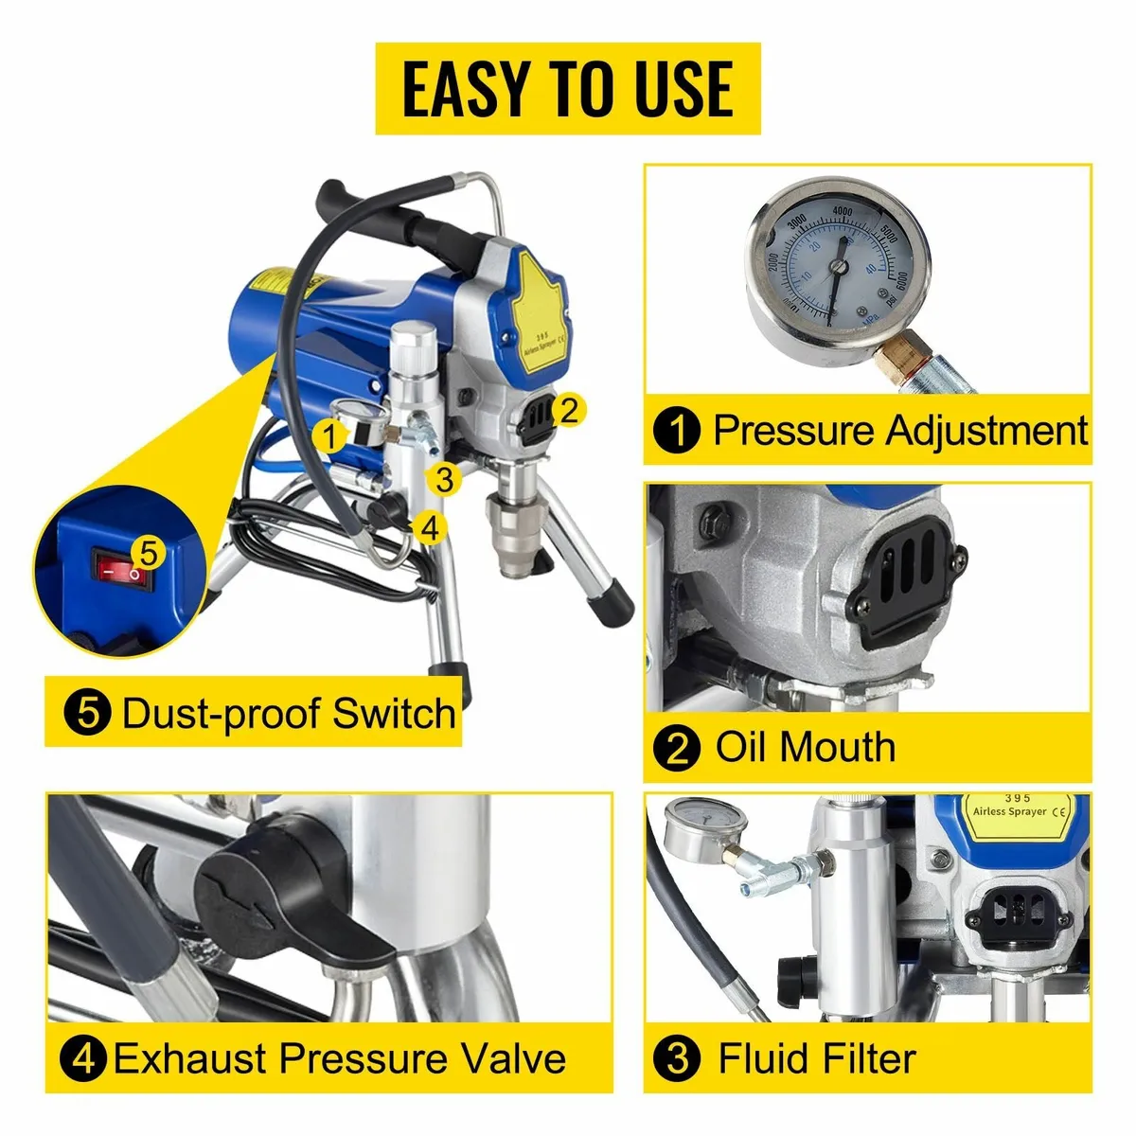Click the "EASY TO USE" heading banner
tap(568, 88)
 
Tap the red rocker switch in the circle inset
tap(122, 567)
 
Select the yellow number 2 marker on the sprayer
tap(568, 410)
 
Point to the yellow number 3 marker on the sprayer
tap(445, 479)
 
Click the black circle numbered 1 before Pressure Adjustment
tap(677, 431)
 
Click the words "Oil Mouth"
tap(806, 747)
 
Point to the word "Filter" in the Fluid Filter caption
tap(865, 1057)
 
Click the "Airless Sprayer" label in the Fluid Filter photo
tap(1009, 811)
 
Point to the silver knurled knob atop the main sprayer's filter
tap(415, 349)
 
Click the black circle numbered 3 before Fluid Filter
tap(678, 1057)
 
